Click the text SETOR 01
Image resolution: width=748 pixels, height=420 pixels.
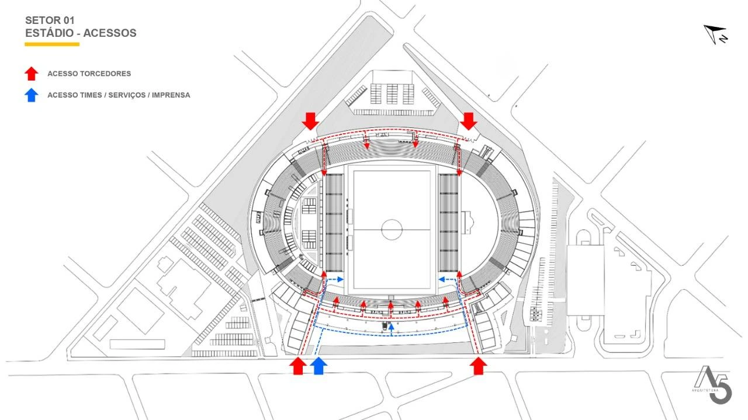click(x=50, y=20)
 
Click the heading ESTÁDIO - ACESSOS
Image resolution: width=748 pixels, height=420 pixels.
click(x=81, y=33)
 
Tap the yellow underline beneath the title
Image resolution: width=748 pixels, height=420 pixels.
click(x=52, y=44)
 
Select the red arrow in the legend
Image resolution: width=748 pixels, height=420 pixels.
click(x=32, y=74)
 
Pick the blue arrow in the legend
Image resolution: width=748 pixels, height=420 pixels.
click(x=32, y=95)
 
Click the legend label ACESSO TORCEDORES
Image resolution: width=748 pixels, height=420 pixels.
click(x=89, y=74)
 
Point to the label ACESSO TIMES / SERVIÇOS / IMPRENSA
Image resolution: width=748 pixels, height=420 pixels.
click(x=119, y=95)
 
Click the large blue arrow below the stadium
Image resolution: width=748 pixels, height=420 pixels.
click(x=318, y=366)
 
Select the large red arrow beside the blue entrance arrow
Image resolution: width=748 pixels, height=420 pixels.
click(x=298, y=366)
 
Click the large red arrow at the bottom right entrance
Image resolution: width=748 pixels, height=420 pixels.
click(x=479, y=366)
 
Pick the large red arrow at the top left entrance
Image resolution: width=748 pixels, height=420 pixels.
click(x=310, y=121)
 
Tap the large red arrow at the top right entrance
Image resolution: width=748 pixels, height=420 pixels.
click(x=468, y=121)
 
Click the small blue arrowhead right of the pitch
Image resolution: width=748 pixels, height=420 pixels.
click(x=441, y=279)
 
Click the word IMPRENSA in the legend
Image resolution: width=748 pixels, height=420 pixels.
click(x=171, y=95)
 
